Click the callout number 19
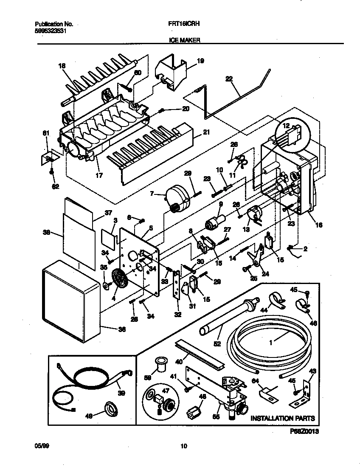200,61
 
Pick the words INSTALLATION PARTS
282,418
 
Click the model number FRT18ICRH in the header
182,25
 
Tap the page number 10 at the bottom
183,446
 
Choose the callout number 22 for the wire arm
229,79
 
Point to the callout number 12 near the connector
286,126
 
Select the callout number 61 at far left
47,134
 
